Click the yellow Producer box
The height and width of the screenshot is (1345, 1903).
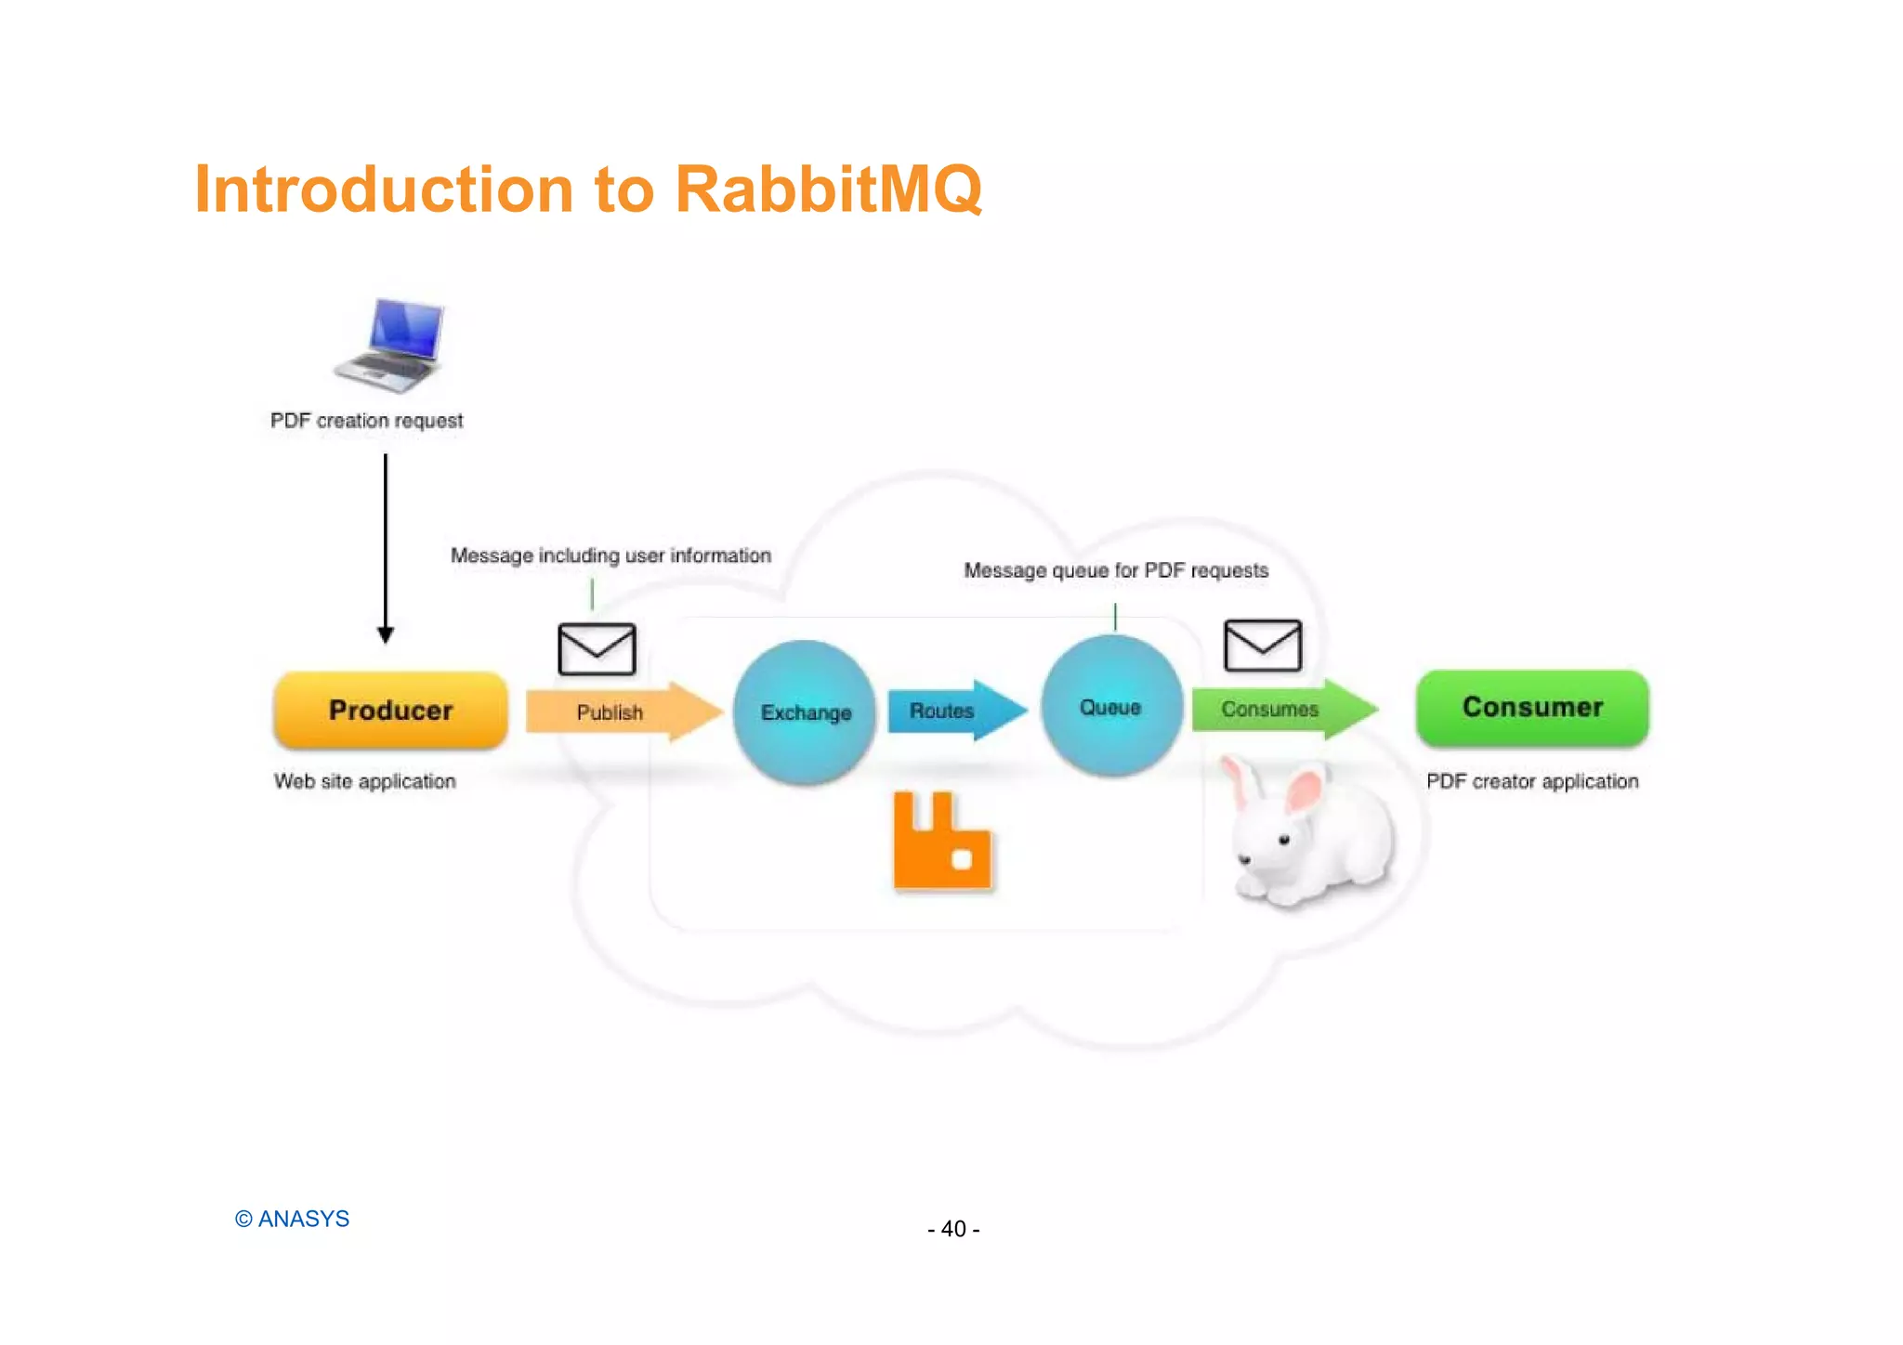(390, 711)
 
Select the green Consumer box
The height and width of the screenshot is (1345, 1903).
(1532, 708)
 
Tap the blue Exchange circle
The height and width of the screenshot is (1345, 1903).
(805, 712)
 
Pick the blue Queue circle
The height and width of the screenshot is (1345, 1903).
(1111, 707)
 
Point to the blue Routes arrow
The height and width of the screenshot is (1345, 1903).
(953, 711)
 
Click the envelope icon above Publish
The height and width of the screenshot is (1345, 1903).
(597, 649)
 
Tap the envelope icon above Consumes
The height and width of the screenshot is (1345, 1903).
(1262, 646)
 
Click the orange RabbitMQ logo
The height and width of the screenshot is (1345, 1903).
(941, 842)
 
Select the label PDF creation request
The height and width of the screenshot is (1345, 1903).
(366, 421)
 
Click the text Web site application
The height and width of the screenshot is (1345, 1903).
(364, 781)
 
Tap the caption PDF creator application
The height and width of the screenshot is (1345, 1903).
(1532, 781)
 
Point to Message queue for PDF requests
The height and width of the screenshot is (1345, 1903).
(1115, 570)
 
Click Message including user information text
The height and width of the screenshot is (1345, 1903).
(610, 555)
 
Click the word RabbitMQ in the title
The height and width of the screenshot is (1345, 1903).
(828, 189)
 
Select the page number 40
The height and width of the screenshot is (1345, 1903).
(953, 1229)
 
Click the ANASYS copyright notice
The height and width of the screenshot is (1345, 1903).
(292, 1219)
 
